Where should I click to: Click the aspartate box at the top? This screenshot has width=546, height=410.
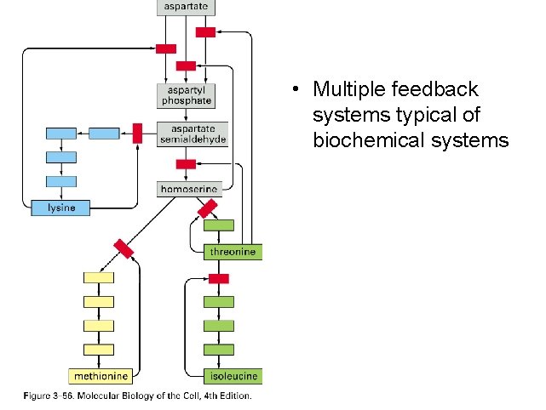186,8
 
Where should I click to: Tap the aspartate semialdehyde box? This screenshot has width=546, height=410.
193,134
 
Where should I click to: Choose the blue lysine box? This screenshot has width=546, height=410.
60,207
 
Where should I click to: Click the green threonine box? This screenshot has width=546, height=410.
233,252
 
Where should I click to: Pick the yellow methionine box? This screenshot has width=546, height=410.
101,375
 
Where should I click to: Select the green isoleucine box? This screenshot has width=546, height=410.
232,375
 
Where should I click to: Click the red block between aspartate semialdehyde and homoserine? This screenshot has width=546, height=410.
186,163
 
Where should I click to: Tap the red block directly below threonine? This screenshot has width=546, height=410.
219,278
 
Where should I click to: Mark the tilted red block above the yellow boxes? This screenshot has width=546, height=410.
124,248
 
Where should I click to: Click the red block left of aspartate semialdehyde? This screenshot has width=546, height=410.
137,134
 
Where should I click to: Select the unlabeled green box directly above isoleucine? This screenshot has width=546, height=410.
219,350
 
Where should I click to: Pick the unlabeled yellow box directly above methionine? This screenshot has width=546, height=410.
98,350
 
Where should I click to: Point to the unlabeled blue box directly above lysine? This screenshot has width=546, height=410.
61,180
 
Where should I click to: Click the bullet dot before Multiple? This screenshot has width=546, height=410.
292,90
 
